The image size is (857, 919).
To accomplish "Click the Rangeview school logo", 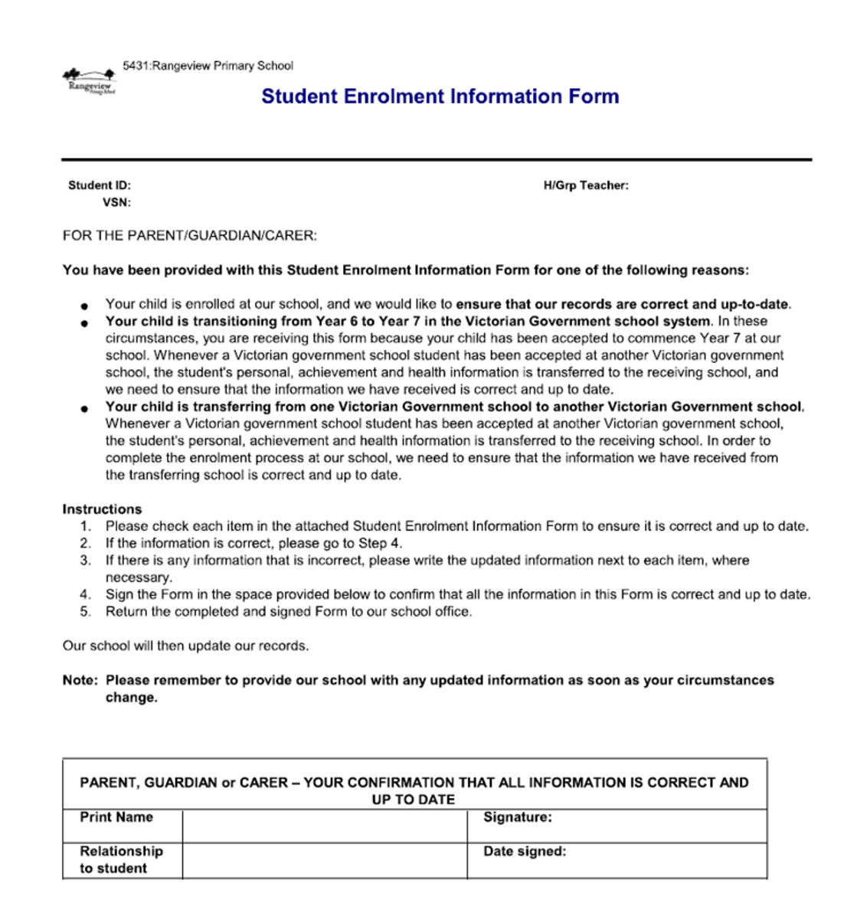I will coord(90,81).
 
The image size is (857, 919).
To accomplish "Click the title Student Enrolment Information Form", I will coord(440,96).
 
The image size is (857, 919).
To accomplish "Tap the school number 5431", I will coord(136,66).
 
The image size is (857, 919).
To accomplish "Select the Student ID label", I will coord(100,185).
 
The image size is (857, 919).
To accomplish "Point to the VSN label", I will coord(116,203).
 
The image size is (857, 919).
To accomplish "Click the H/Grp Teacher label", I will coord(586,185).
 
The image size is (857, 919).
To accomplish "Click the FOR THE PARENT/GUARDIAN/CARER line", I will coord(189,236).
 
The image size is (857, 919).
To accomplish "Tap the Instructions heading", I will coord(102,509).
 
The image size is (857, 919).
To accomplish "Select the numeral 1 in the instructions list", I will coord(85,526).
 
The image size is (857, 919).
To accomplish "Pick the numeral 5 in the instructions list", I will coord(85,612).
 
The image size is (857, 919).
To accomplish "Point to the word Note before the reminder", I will coord(80,680).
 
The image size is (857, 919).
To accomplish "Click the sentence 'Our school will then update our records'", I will coord(185,646).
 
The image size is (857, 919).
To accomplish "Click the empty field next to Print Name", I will coord(324,826).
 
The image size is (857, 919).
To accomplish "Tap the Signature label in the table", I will coord(517,817).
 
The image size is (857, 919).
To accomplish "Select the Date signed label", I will coord(525,851).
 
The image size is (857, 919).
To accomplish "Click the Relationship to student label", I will coord(121,859).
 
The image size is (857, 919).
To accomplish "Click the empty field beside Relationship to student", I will coord(324,860).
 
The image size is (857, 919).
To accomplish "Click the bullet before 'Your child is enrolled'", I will coord(84,306).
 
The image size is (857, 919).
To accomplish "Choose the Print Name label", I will coord(116,817).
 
